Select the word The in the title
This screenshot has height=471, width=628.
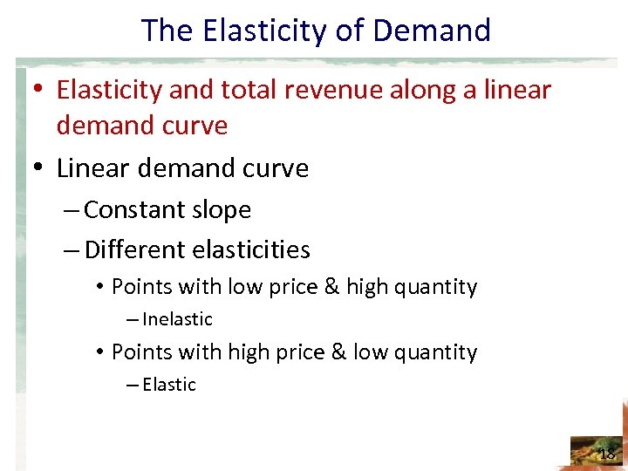(x=167, y=31)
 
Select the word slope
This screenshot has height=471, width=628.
(x=222, y=210)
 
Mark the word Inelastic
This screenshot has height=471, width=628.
(x=177, y=319)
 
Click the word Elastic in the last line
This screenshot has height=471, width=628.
(x=169, y=385)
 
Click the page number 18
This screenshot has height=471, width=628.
(x=608, y=454)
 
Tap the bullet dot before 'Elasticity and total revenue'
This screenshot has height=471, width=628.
(x=40, y=90)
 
